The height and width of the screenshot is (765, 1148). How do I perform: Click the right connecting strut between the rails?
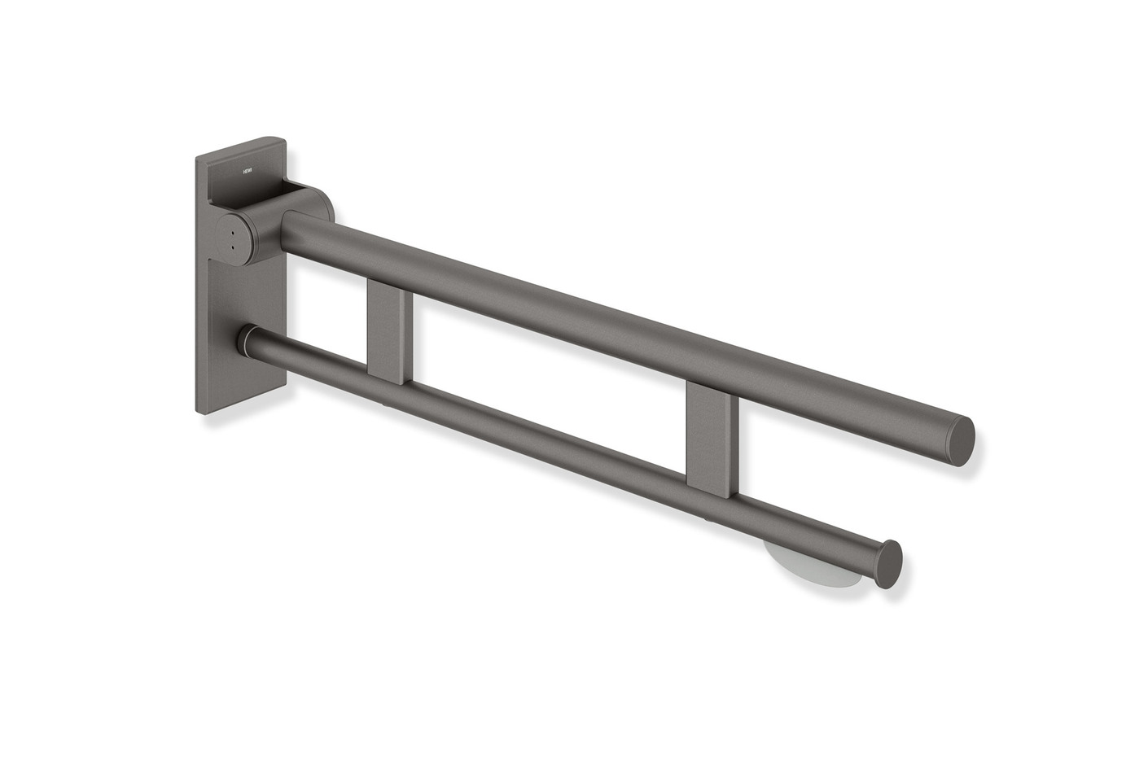coord(712,435)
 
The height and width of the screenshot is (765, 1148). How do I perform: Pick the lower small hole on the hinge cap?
coord(234,244)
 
